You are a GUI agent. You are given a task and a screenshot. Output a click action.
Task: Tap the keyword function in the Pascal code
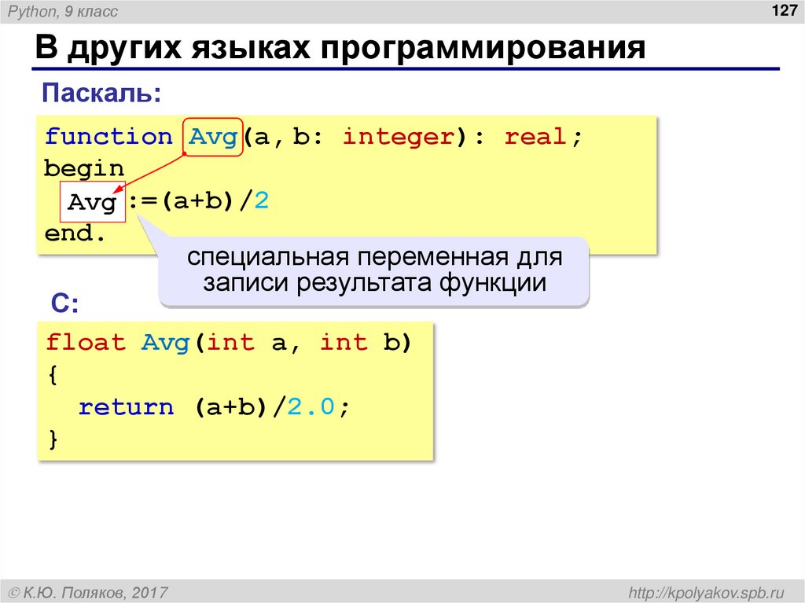click(108, 137)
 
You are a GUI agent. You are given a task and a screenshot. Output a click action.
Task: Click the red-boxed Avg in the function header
click(212, 137)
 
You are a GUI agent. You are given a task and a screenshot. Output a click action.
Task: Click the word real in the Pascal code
click(535, 137)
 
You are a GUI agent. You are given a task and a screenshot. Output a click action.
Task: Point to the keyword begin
click(84, 169)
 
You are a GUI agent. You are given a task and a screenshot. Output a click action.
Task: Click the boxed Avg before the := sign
click(93, 203)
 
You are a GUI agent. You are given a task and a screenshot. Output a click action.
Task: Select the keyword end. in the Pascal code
click(75, 234)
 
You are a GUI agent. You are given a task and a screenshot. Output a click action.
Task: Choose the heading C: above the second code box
click(65, 303)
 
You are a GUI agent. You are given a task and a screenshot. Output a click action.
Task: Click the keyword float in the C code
click(86, 343)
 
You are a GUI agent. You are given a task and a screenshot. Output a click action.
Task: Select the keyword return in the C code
click(126, 407)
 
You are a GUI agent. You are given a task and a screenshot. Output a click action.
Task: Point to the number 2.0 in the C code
click(313, 407)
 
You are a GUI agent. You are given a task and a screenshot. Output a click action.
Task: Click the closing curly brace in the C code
click(53, 439)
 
